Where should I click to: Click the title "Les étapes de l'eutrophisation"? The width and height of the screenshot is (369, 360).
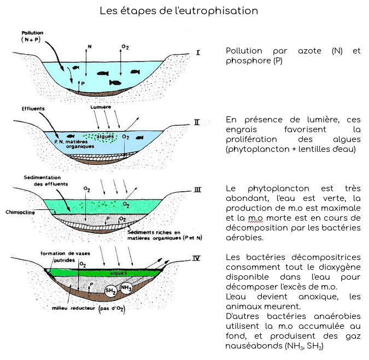click(179, 11)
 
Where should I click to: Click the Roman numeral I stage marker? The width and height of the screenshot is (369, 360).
click(198, 53)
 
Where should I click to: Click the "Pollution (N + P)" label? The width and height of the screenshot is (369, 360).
click(31, 36)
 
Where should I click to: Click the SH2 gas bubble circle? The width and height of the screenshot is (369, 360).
click(112, 291)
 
